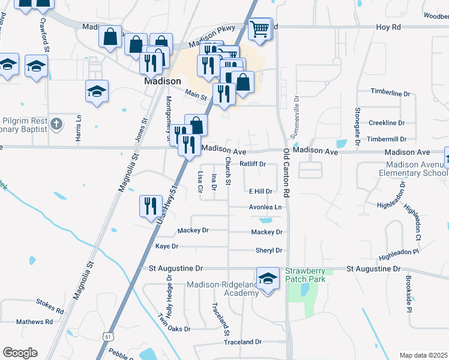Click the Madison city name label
pyautogui.click(x=162, y=81)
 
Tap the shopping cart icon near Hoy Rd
pyautogui.click(x=259, y=28)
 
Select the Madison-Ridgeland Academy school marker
pyautogui.click(x=268, y=279)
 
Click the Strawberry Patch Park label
pyautogui.click(x=306, y=275)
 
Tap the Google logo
pyautogui.click(x=20, y=352)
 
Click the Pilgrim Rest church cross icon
pyautogui.click(x=56, y=124)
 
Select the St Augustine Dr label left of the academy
pyautogui.click(x=175, y=268)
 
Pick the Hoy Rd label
pyautogui.click(x=388, y=27)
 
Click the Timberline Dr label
pyautogui.click(x=390, y=94)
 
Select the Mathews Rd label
pyautogui.click(x=34, y=322)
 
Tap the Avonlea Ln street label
pyautogui.click(x=265, y=207)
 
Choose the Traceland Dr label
pyautogui.click(x=243, y=342)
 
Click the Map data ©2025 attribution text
pyautogui.click(x=423, y=355)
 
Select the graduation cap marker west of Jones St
pyautogui.click(x=97, y=92)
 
